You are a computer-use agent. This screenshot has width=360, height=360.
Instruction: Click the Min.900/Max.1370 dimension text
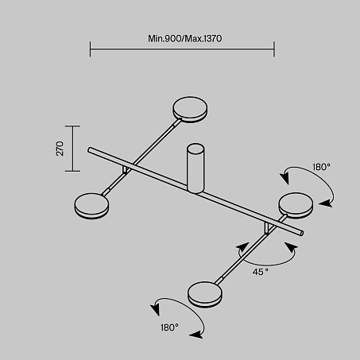[184, 39]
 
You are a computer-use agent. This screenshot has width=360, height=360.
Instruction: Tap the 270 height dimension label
[60, 149]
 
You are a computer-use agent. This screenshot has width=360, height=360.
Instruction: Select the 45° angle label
[261, 272]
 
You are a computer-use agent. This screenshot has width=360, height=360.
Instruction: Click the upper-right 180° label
[321, 167]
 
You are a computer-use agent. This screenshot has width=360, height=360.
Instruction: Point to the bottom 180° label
[169, 327]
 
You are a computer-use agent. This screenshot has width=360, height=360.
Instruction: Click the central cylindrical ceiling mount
[195, 168]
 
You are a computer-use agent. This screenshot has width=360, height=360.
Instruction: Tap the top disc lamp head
[190, 110]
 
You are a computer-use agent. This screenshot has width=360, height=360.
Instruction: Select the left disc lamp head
[91, 206]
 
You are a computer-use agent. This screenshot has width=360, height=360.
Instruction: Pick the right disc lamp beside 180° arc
[296, 205]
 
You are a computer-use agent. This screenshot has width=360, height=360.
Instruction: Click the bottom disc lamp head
[205, 294]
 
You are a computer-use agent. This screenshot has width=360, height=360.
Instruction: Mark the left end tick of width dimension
[90, 49]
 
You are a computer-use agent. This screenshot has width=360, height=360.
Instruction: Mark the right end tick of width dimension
[274, 49]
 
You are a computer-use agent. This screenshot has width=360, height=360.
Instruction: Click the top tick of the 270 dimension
[72, 126]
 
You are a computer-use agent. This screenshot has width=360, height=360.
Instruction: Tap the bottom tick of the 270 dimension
[72, 171]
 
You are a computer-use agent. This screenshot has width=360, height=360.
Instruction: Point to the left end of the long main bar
[90, 150]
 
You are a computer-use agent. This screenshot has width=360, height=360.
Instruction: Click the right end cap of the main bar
[302, 233]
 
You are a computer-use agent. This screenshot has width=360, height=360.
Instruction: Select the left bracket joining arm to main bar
[126, 170]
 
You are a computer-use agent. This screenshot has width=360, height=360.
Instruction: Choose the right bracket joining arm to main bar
[267, 228]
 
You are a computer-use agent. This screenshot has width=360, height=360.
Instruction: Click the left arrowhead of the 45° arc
[242, 247]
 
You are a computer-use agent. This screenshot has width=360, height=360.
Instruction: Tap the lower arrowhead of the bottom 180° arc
[196, 335]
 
